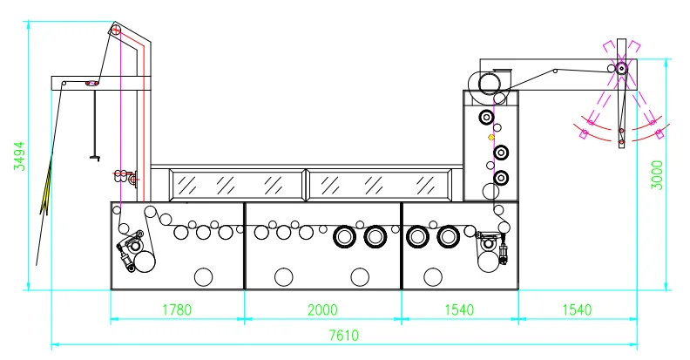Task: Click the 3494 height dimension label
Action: [19, 157]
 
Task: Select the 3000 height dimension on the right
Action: [658, 174]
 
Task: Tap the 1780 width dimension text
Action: [177, 309]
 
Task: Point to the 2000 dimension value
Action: [323, 309]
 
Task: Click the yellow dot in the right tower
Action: [490, 137]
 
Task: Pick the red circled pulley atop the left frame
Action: [116, 31]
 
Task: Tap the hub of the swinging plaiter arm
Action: [621, 68]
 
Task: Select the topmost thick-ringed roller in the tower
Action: [484, 118]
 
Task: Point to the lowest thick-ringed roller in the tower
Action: [500, 179]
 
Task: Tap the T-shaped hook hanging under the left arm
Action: [94, 157]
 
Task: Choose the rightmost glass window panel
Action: [379, 184]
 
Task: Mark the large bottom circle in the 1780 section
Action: [203, 276]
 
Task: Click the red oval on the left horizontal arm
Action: [90, 84]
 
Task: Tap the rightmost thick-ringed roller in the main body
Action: [449, 235]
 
